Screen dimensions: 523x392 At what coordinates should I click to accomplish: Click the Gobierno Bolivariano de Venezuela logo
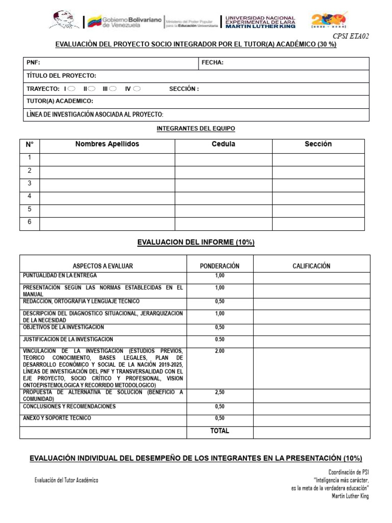[x=124, y=21]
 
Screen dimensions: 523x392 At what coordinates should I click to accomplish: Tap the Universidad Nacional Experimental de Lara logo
[x=260, y=21]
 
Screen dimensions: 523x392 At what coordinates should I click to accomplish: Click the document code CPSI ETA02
[x=351, y=36]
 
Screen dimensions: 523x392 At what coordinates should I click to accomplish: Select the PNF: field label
[x=33, y=63]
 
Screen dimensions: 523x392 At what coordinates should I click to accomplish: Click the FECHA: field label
[x=212, y=63]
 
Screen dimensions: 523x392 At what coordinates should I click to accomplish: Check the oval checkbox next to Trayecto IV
[x=136, y=88]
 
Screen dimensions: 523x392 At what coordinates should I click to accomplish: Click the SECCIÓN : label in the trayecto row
[x=184, y=89]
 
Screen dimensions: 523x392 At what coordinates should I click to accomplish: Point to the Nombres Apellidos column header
[x=107, y=144]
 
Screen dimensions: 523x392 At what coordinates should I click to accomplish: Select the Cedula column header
[x=223, y=144]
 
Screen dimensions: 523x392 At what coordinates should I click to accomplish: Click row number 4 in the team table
[x=30, y=196]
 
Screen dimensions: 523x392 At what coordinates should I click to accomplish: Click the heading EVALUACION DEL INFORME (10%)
[x=195, y=242]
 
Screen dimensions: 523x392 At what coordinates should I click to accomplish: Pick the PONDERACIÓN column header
[x=219, y=266]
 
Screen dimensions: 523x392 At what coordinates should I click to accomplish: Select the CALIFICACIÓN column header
[x=311, y=266]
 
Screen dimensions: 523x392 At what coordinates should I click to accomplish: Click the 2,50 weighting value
[x=219, y=393]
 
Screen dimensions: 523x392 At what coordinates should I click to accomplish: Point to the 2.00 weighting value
[x=219, y=351]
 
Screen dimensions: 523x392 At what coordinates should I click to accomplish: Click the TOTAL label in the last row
[x=219, y=431]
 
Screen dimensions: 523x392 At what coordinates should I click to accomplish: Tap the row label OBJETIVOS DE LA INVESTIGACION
[x=63, y=327]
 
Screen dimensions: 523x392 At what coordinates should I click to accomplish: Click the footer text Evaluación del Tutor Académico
[x=66, y=480]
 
